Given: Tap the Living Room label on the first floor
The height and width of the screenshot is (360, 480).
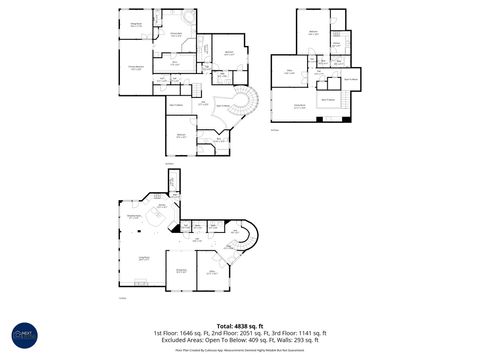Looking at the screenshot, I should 143,259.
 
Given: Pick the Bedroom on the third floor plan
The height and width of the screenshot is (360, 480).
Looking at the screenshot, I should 314,33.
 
